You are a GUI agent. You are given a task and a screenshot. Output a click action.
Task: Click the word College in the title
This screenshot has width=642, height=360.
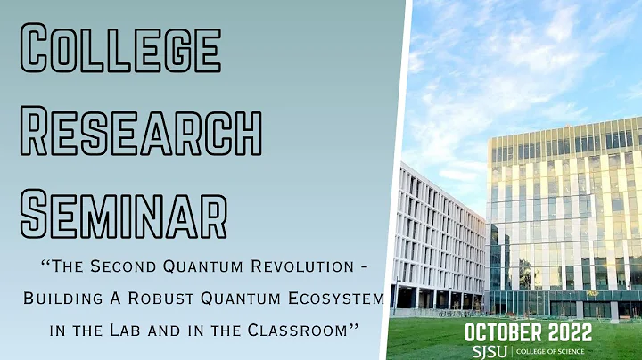pyautogui.click(x=119, y=48)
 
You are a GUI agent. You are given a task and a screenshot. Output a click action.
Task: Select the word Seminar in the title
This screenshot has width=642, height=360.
pyautogui.click(x=123, y=213)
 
